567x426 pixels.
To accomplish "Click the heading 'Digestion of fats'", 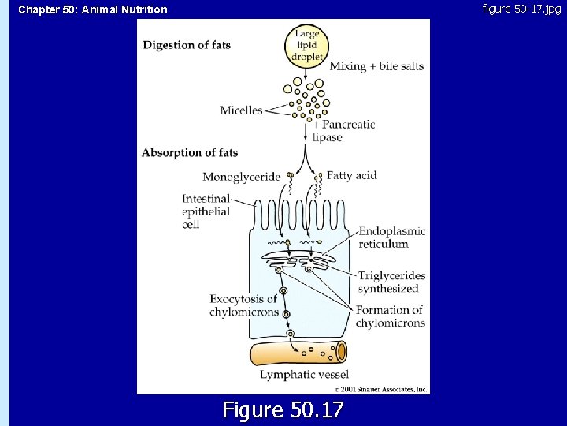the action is pyautogui.click(x=187, y=45).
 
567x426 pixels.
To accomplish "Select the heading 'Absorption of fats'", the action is pyautogui.click(x=190, y=153).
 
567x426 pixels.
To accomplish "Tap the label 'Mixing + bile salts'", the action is pyautogui.click(x=376, y=66).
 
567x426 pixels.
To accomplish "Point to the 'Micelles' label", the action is pyautogui.click(x=241, y=110).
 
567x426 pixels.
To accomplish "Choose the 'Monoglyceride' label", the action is pyautogui.click(x=241, y=177).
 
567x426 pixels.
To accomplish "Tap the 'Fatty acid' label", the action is pyautogui.click(x=351, y=175).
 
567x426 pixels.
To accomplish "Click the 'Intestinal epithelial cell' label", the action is pyautogui.click(x=206, y=211).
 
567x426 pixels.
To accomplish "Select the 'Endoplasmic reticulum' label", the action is pyautogui.click(x=392, y=237).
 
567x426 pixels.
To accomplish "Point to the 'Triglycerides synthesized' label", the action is pyautogui.click(x=392, y=282).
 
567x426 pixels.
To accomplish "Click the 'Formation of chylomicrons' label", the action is pyautogui.click(x=390, y=316).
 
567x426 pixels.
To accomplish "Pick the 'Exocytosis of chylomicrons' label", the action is pyautogui.click(x=244, y=305).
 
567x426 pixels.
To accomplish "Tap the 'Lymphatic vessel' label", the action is pyautogui.click(x=304, y=375).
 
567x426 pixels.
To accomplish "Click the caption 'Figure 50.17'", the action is pyautogui.click(x=283, y=410).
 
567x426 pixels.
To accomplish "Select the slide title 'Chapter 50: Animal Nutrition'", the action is pyautogui.click(x=93, y=10).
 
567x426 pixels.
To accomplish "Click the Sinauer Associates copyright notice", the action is pyautogui.click(x=380, y=389).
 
